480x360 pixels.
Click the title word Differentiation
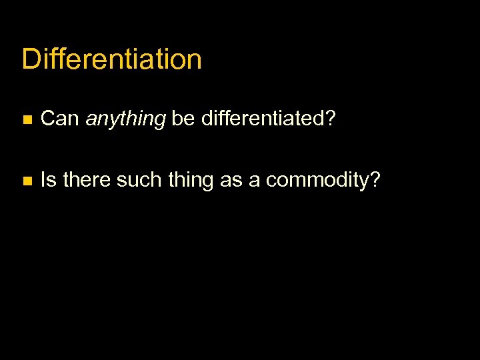pos(111,59)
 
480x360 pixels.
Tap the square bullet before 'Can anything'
pos(26,120)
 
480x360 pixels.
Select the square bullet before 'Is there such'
pos(26,181)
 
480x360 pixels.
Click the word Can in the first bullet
pos(60,119)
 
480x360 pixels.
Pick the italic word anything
pos(125,120)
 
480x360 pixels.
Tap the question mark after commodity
pos(375,180)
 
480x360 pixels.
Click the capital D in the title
pos(31,59)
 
